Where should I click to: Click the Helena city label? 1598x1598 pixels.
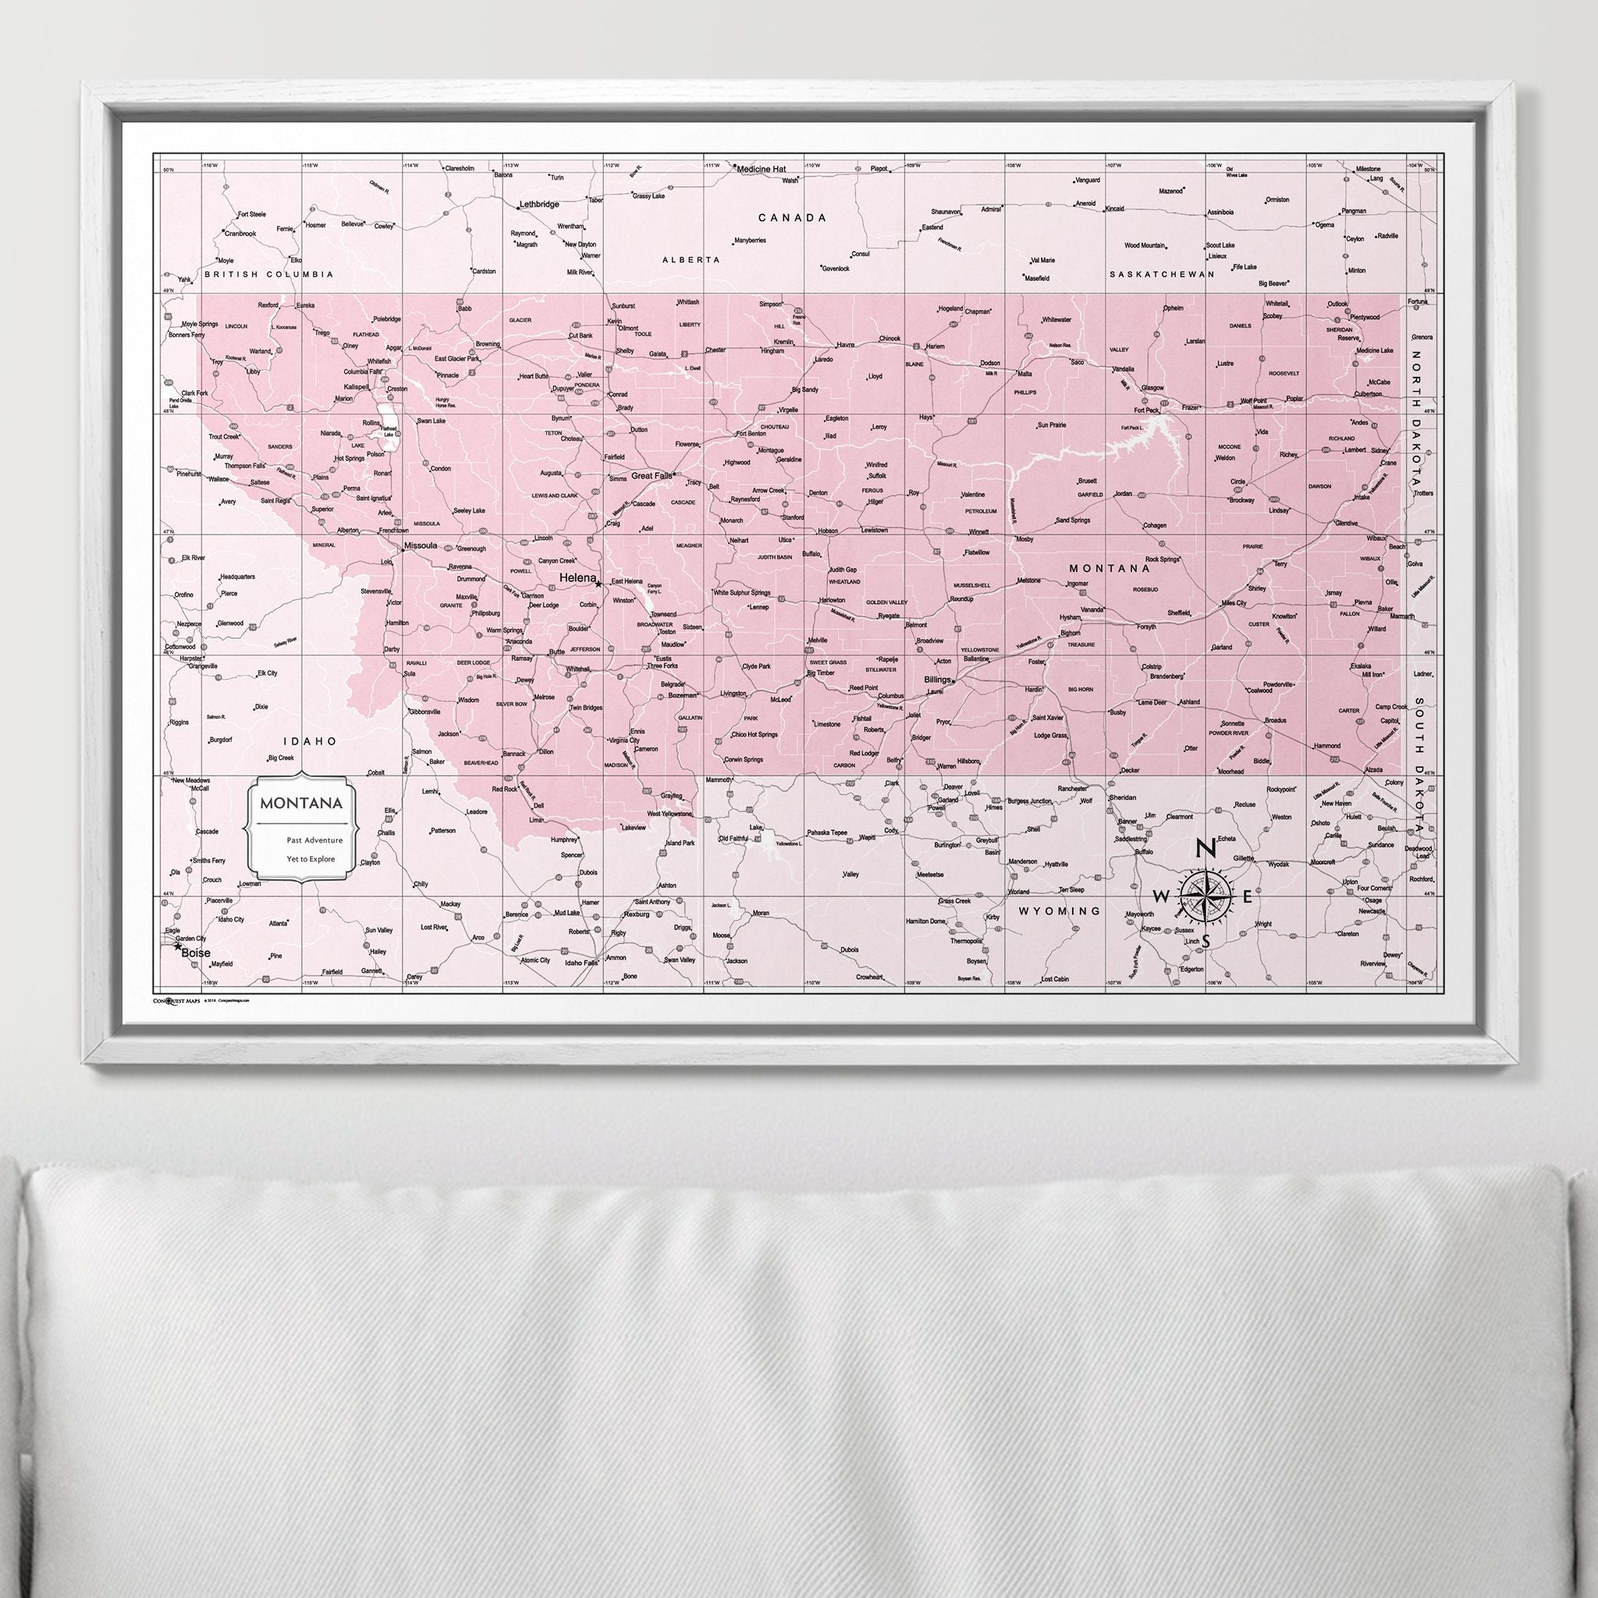click(577, 577)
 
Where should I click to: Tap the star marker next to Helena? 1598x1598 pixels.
click(598, 583)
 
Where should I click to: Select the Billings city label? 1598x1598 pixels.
click(937, 679)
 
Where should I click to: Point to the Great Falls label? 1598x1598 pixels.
click(651, 477)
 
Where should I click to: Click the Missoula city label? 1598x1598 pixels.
click(421, 546)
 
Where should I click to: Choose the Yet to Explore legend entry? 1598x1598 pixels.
click(311, 858)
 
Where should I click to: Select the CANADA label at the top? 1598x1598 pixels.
click(793, 218)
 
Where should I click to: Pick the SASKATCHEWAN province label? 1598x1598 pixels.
click(1161, 274)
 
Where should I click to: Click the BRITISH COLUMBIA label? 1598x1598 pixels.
click(269, 274)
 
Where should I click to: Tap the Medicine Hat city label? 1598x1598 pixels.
click(761, 169)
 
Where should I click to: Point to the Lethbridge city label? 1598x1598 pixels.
click(538, 204)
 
